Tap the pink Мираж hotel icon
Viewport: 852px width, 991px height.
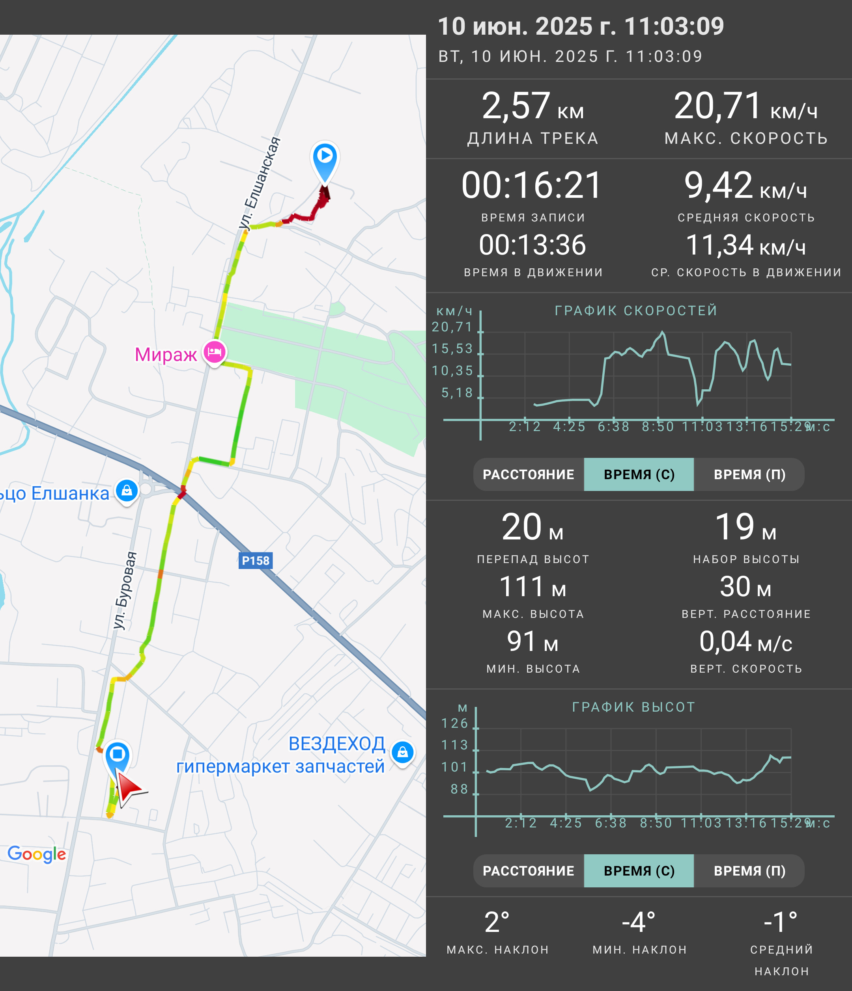click(215, 353)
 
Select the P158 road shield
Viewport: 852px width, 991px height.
click(256, 561)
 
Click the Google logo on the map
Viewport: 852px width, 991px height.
click(37, 854)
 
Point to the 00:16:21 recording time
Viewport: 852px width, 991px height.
click(532, 186)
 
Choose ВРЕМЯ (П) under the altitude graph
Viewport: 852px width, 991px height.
click(749, 871)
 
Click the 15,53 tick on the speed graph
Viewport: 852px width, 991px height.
click(452, 349)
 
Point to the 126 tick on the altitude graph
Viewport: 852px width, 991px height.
click(455, 723)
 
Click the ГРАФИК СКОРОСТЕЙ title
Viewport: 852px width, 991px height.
click(636, 311)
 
